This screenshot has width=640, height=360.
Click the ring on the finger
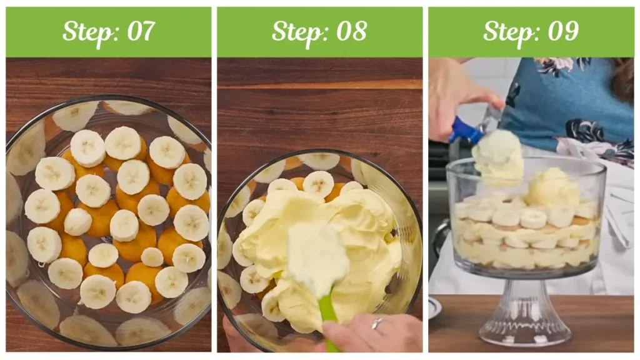pos(377,323)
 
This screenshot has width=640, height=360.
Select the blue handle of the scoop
pos(466,131)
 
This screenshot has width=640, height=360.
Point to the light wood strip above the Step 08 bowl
pos(319,84)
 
